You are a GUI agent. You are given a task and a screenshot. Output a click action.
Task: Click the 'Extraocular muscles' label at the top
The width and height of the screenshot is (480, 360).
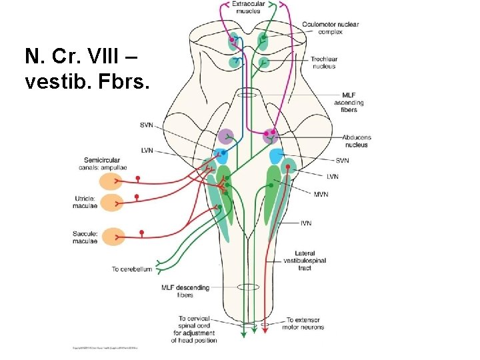pos(248,7)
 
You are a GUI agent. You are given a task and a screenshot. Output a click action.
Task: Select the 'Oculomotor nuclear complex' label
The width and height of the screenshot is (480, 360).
pos(330,28)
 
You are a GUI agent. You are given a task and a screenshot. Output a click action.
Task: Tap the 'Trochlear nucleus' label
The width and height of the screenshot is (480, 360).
pos(323,63)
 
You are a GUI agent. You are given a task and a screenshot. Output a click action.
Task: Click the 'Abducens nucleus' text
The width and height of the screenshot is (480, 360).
pos(357,141)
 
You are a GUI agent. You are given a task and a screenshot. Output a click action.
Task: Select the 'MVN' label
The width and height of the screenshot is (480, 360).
pos(321,194)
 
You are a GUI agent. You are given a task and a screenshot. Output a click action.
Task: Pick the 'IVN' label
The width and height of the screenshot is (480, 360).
pos(307,223)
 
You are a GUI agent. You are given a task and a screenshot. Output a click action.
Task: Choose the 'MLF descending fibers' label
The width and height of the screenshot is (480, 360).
pos(185,291)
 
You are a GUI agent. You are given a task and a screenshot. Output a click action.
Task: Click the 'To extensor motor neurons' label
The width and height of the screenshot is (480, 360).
pos(305,323)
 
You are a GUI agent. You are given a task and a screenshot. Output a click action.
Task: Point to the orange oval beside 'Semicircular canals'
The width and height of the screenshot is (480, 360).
pos(111,181)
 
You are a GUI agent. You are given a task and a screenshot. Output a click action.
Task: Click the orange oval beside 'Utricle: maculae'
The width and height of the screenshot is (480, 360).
pos(111,202)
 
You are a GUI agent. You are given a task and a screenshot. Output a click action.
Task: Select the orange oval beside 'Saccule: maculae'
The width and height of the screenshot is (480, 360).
pos(111,236)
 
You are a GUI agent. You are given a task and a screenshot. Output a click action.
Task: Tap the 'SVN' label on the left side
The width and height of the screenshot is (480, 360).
pos(147,125)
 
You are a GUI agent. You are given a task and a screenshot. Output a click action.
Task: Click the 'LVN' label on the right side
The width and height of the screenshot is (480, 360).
pos(332,177)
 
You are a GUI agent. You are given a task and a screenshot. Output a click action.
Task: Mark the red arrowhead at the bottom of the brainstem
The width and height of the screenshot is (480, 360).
pos(265,329)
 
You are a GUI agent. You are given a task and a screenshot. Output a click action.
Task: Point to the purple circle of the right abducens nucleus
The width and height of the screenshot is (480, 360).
pos(271,136)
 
